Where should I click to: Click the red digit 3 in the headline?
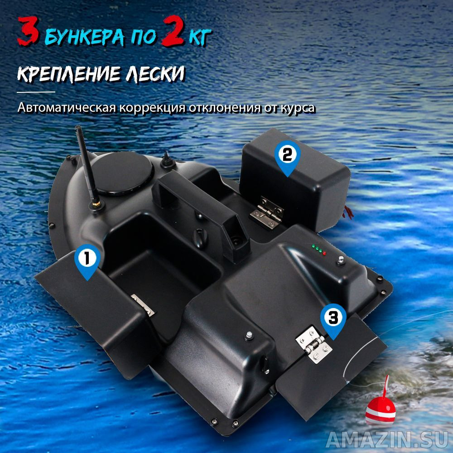[x=28, y=31]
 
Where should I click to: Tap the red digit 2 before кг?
[x=173, y=31]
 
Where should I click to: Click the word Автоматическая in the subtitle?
[x=67, y=107]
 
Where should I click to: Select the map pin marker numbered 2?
[x=287, y=158]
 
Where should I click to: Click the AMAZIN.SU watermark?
[x=387, y=440]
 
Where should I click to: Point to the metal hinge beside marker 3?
[x=314, y=344]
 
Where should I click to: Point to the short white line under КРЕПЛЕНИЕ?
[x=36, y=92]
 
